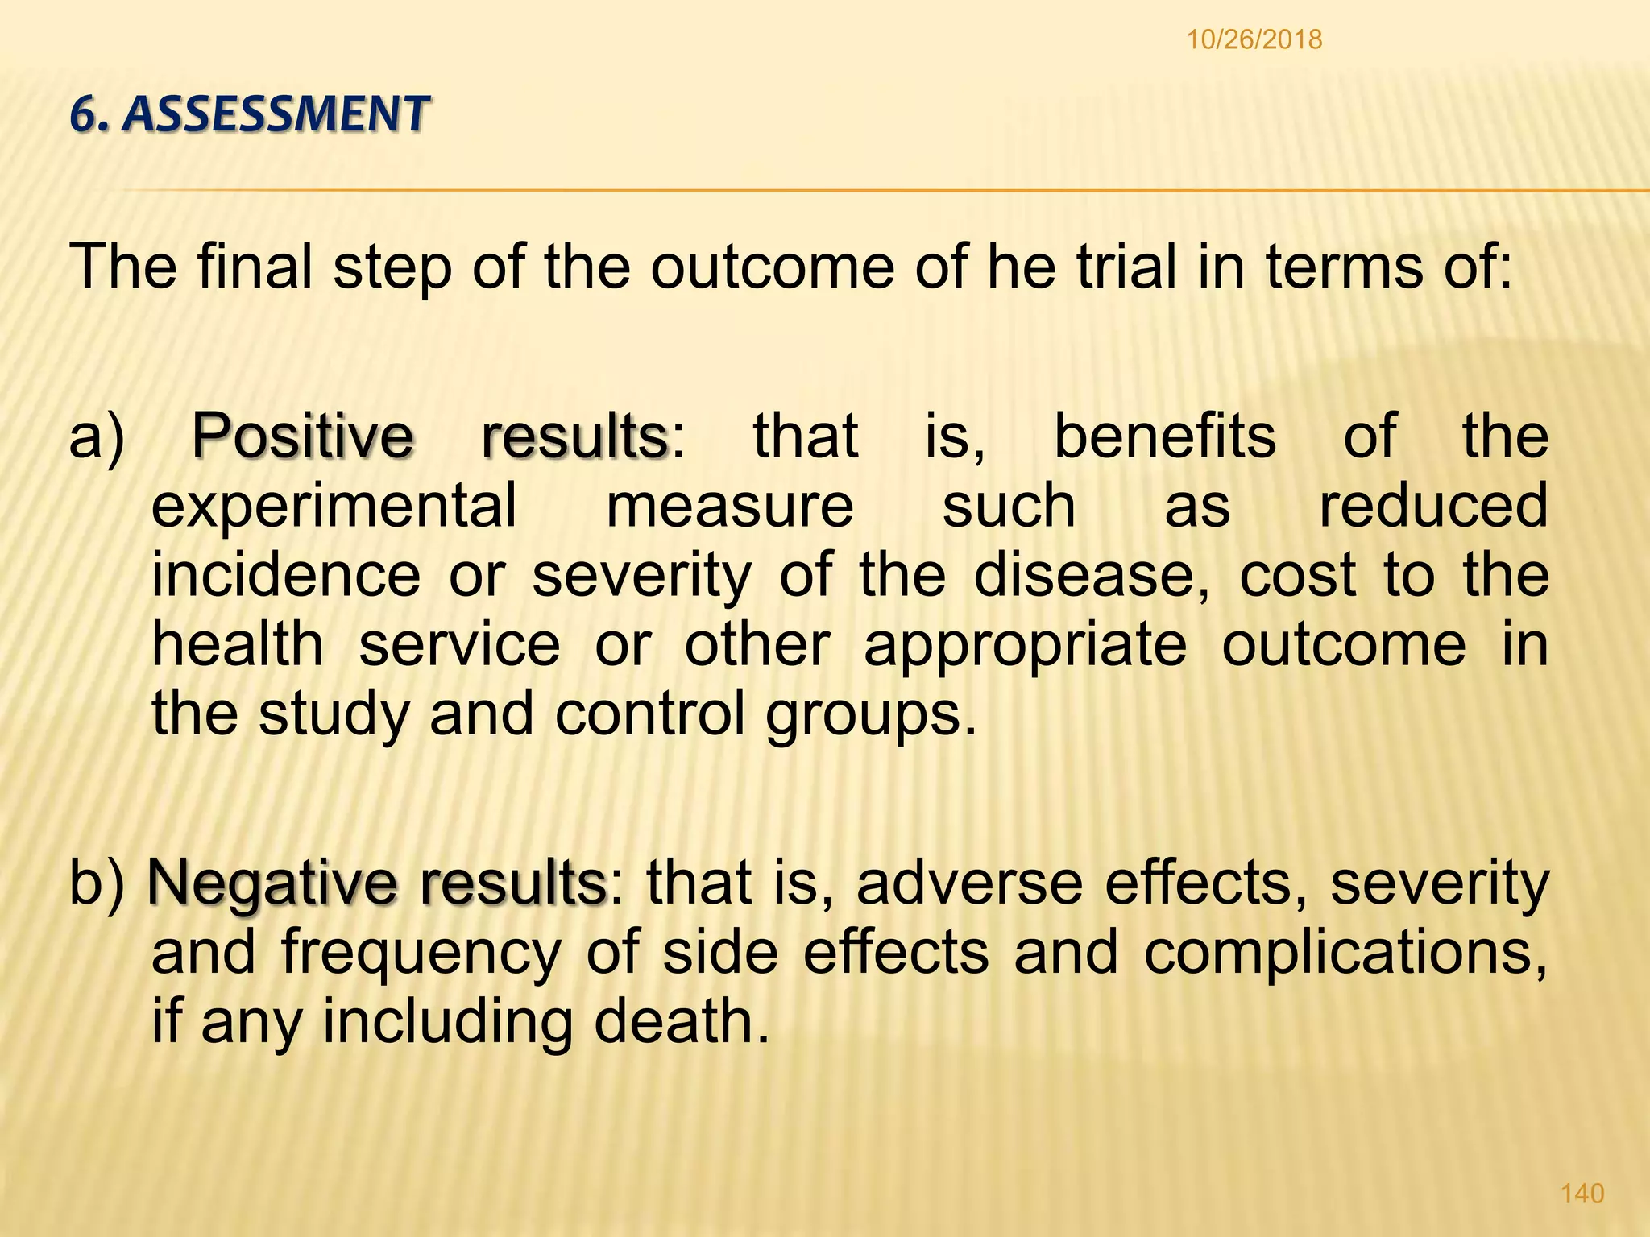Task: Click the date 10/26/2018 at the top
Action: point(1254,39)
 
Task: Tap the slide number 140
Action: point(1582,1193)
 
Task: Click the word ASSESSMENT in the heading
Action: point(279,114)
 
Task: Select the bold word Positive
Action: point(302,436)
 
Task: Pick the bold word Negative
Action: point(272,883)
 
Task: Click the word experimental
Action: point(334,506)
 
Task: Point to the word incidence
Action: point(286,575)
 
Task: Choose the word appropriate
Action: point(1025,644)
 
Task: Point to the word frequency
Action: point(421,954)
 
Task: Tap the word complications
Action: point(1345,954)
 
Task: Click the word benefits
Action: point(1165,436)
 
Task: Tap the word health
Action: point(238,644)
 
